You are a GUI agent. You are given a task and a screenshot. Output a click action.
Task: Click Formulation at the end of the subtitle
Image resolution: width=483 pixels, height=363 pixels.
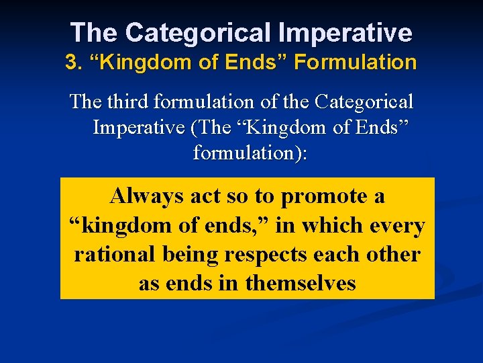[x=356, y=63]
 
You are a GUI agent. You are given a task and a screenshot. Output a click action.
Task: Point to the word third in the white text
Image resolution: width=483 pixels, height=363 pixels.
[x=125, y=102]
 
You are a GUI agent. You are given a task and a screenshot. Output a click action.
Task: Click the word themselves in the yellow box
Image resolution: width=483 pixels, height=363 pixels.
[x=301, y=283]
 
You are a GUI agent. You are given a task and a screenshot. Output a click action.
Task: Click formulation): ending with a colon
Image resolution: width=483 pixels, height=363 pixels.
[x=250, y=153]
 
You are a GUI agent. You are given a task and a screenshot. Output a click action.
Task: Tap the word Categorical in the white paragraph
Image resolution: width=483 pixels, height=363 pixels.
[x=364, y=102]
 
